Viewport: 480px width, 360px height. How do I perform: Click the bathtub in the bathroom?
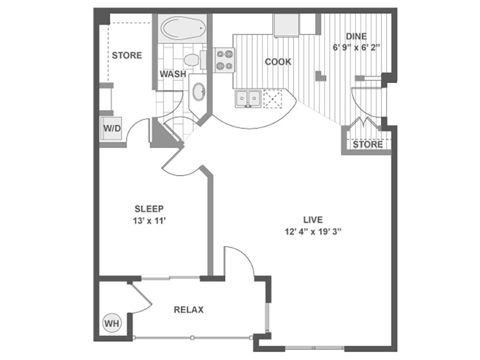(x=182, y=28)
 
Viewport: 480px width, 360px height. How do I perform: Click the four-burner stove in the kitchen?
(x=224, y=60)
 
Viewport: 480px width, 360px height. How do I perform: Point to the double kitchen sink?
(x=248, y=98)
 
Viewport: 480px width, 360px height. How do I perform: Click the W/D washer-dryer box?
(x=112, y=128)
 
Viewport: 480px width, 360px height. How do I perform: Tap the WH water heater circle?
(x=112, y=323)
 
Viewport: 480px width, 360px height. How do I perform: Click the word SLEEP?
(x=149, y=209)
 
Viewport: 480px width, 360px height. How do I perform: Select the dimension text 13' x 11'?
(x=149, y=220)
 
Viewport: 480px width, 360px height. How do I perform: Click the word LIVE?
(x=313, y=220)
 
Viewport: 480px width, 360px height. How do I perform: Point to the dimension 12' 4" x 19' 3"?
(x=313, y=232)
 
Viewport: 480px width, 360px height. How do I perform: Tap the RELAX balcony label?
(x=188, y=310)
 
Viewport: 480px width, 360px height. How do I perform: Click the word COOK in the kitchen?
(x=278, y=62)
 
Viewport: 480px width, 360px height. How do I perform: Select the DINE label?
(x=356, y=37)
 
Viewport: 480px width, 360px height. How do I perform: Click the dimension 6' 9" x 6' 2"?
(x=356, y=48)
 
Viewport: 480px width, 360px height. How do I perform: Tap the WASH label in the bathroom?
(x=173, y=74)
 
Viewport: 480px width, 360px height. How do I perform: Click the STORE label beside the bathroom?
(x=127, y=55)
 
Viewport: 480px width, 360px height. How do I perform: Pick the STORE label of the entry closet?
(x=368, y=145)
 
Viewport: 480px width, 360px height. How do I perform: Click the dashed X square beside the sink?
(x=272, y=98)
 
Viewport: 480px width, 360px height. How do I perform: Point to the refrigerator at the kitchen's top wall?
(x=286, y=25)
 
